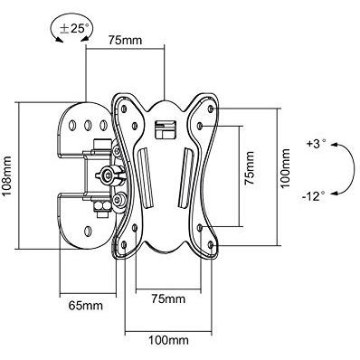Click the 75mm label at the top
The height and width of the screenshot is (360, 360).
pos(125,39)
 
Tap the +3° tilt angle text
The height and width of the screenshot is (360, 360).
pos(314,144)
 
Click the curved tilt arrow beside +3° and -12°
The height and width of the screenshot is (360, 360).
pos(343,168)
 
